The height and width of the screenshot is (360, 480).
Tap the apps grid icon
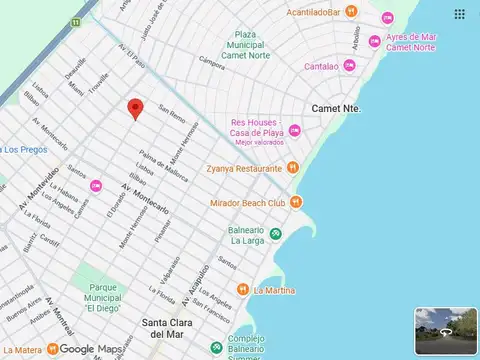point(459,14)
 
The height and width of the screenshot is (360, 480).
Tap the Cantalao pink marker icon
point(349,65)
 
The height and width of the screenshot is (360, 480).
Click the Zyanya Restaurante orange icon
point(292,167)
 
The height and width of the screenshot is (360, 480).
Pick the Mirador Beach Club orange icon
point(297,202)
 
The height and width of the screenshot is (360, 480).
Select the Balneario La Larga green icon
point(276,234)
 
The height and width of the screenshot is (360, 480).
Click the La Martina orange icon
point(243,291)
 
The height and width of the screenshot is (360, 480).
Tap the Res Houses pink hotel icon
point(294,131)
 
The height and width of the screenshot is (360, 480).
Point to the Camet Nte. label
point(335,107)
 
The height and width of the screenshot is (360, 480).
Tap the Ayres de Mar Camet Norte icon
point(374,41)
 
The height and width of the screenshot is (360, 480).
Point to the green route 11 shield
point(76,22)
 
